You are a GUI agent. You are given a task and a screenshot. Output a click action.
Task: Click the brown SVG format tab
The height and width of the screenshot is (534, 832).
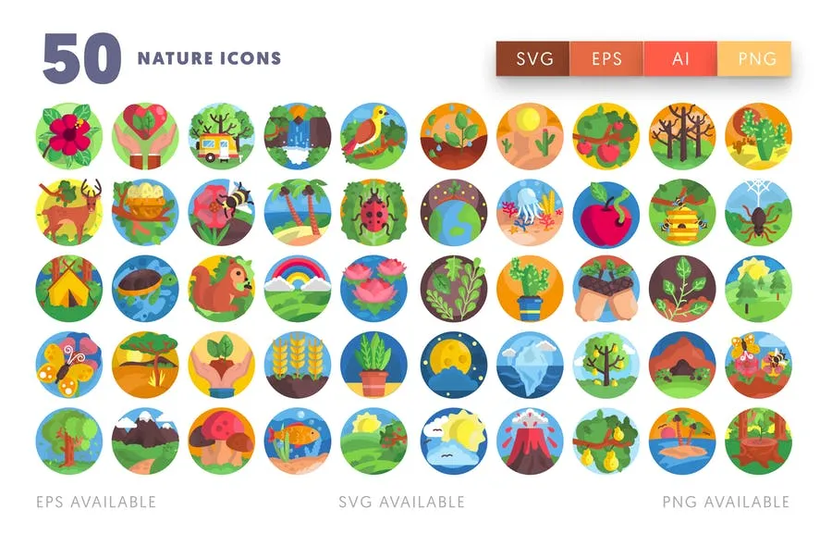pos(532,58)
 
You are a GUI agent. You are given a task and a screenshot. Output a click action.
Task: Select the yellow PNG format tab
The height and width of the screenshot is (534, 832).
pos(754,58)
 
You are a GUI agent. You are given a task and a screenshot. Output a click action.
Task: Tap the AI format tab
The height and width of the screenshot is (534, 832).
pos(680,58)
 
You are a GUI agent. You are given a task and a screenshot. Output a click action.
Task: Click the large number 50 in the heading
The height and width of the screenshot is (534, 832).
pos(81,58)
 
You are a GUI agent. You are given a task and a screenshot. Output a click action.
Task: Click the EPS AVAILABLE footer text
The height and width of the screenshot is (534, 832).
pos(96,502)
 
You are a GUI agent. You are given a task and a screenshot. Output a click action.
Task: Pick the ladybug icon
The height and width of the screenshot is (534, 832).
pos(373,213)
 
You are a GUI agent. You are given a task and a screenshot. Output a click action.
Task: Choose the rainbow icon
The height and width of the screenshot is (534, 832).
pos(298,289)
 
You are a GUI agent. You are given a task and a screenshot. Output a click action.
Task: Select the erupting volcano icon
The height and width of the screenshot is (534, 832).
pos(530,441)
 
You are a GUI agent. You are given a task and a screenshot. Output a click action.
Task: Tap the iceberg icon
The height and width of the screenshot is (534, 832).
pos(530,365)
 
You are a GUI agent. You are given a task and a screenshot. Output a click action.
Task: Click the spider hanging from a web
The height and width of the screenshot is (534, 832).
pos(758,213)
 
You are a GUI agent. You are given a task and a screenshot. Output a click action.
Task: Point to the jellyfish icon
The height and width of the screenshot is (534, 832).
pos(530,213)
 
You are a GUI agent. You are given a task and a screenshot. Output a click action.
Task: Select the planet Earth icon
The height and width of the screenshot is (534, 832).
pos(454,213)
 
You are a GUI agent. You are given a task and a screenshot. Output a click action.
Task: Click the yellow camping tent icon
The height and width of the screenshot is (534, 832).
pos(69,289)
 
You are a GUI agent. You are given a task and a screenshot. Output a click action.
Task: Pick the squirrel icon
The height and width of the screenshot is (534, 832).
pos(221,289)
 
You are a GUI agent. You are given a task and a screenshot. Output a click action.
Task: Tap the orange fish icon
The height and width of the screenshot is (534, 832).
pos(298,441)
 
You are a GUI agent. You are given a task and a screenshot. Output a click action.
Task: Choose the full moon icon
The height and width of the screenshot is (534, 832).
pos(454,365)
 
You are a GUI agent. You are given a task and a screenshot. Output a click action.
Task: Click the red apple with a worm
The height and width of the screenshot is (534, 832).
pos(606,213)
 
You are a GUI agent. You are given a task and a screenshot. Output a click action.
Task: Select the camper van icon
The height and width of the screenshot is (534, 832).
pos(221,136)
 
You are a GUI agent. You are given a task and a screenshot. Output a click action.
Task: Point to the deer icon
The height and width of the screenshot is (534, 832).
pos(69,213)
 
